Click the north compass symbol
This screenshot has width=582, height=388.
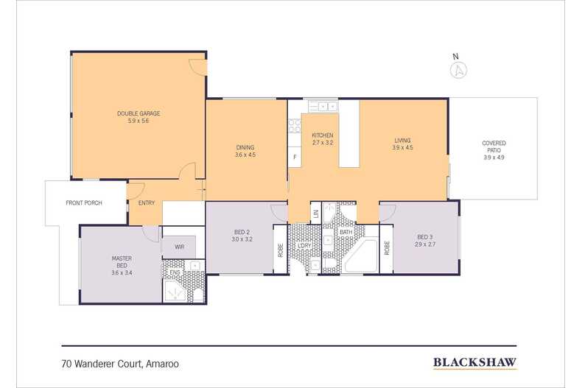click(458, 70)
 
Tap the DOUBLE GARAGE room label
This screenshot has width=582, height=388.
click(139, 113)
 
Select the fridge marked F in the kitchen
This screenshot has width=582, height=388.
click(295, 157)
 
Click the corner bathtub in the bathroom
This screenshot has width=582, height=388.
click(360, 256)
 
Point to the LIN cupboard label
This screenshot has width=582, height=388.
click(316, 214)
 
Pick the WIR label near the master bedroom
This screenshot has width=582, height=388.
click(179, 247)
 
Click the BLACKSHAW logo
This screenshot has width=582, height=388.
click(474, 362)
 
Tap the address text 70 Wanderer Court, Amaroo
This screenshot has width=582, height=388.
click(120, 364)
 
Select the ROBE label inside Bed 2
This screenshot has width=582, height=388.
click(280, 250)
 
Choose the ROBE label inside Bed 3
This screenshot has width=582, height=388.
click(387, 248)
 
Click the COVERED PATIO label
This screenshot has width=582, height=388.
click(494, 147)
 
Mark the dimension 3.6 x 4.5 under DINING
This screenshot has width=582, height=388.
click(245, 155)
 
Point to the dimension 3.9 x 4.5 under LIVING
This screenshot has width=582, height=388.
click(402, 147)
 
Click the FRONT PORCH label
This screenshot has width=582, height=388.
click(84, 203)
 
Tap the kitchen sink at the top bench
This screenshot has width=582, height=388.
click(323, 107)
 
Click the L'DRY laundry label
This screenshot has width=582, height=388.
click(304, 246)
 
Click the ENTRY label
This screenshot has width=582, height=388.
click(147, 203)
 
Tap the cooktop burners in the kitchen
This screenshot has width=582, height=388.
click(295, 126)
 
